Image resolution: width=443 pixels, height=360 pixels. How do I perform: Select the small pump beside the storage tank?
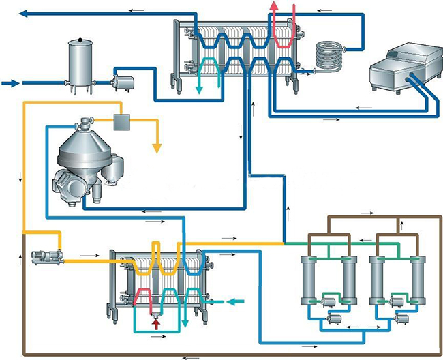[123, 83]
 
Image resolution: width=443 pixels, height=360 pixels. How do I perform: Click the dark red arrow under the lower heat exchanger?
[156, 324]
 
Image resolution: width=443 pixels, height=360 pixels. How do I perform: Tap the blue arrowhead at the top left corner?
[23, 13]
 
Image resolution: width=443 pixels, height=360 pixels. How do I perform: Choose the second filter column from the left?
[349, 281]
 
